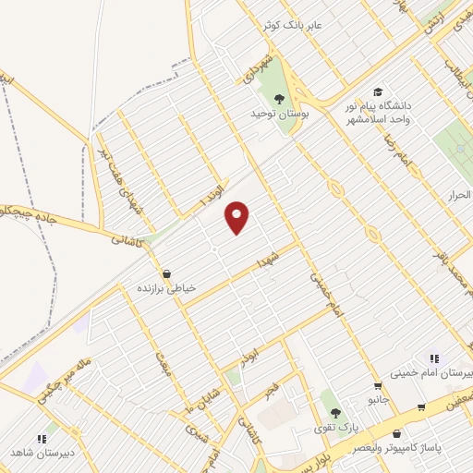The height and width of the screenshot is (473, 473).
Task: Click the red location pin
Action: coord(237,216)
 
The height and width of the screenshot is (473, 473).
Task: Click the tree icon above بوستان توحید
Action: coord(279,100)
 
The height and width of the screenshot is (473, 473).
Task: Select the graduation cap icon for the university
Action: coord(377,91)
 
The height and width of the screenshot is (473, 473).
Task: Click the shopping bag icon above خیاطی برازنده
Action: coord(166,273)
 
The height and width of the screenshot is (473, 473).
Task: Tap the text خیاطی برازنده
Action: coord(167,288)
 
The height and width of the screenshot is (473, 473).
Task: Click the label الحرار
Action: coord(460,195)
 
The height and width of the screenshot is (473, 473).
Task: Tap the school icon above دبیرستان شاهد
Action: coord(41,439)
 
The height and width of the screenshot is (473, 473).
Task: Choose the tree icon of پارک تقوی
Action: coord(334,413)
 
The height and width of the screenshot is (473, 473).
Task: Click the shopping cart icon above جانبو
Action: coord(377,386)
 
